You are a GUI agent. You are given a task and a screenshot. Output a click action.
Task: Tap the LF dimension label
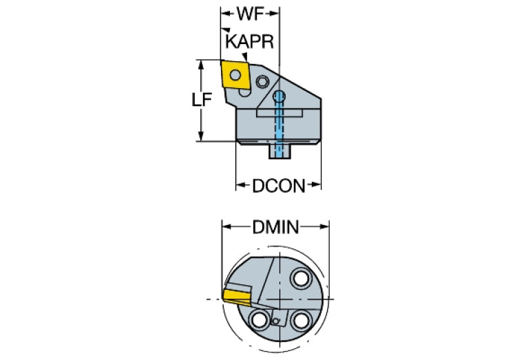click(202, 100)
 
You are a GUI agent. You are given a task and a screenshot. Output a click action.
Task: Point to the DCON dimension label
click(278, 186)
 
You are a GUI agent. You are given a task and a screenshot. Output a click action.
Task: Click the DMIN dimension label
click(275, 226)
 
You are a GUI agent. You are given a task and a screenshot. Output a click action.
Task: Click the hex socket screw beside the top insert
click(262, 83)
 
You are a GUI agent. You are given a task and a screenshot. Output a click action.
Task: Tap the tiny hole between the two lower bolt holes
click(275, 321)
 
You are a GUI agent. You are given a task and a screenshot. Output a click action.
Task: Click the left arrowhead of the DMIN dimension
click(224, 226)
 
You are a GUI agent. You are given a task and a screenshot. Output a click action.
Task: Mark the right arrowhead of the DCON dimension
click(319, 185)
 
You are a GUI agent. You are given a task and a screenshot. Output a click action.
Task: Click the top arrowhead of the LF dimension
click(201, 64)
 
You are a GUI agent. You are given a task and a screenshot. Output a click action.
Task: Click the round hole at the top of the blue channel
click(279, 95)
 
